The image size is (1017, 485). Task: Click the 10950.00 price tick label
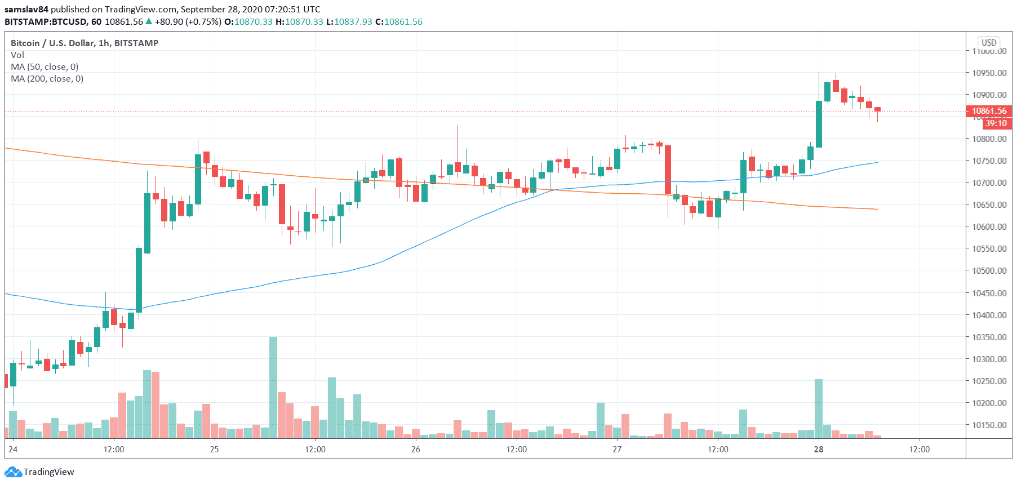click(x=989, y=73)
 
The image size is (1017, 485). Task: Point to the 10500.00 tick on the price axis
click(x=989, y=270)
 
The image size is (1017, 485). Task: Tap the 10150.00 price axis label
click(x=989, y=425)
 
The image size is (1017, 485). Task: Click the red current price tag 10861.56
click(x=989, y=111)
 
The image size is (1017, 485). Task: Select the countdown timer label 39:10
click(x=996, y=123)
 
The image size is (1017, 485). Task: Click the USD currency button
click(x=989, y=43)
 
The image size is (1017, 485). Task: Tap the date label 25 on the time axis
click(x=214, y=449)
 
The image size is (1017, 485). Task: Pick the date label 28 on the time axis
click(x=818, y=449)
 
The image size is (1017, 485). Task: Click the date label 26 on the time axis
click(x=415, y=449)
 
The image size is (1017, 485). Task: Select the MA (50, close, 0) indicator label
click(x=45, y=67)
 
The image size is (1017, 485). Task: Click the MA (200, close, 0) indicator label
click(x=47, y=79)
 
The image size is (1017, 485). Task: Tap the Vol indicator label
click(x=17, y=55)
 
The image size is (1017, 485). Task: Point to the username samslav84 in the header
click(x=26, y=9)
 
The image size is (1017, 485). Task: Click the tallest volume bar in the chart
click(x=273, y=387)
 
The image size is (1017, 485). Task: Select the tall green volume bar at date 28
click(x=819, y=408)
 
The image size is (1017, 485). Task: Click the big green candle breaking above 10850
click(x=819, y=124)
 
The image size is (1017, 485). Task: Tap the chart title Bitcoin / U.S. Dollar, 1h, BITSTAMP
click(x=85, y=43)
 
